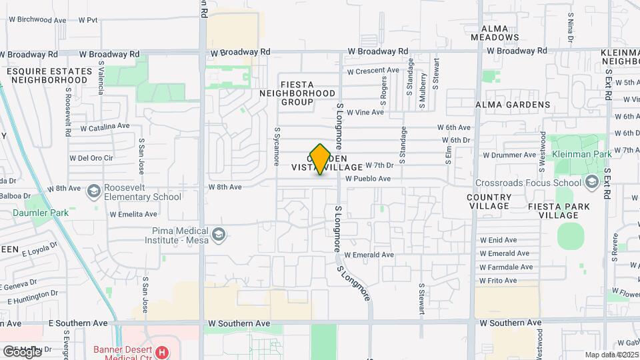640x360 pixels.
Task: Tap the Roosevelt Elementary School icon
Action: point(93,191)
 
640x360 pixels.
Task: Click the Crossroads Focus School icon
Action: point(592,183)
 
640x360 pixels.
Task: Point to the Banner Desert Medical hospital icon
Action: point(161,351)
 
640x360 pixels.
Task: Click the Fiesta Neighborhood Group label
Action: point(297,93)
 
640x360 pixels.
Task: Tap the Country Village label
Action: point(489,202)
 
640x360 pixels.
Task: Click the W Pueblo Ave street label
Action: point(368,179)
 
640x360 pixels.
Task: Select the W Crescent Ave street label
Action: point(373,71)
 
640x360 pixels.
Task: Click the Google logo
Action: point(21,351)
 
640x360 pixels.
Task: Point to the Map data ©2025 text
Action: point(611,355)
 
